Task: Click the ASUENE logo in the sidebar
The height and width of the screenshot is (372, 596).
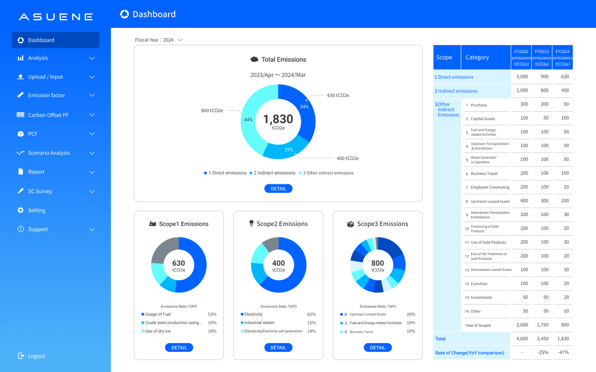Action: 55,17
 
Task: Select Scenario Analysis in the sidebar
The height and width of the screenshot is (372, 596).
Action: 49,153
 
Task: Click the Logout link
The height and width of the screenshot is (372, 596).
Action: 36,356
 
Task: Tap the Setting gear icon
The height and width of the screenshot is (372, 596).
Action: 20,210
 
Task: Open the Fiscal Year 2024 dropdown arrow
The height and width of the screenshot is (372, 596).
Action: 180,40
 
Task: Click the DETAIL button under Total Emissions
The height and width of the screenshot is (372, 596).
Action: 278,189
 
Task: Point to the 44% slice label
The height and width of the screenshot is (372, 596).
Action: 248,120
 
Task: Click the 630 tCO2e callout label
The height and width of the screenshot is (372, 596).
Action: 338,95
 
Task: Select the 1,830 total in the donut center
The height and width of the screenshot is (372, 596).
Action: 278,120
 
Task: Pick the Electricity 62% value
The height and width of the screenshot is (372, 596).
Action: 311,315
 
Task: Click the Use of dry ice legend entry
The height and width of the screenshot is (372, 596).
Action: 158,331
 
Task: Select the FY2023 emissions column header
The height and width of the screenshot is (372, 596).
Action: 542,57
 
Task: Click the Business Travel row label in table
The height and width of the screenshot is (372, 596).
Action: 484,174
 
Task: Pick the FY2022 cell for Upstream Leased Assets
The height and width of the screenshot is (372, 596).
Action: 524,201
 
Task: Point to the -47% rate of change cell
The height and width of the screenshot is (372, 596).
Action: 563,352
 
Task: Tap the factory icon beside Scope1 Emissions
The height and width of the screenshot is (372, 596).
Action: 152,224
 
